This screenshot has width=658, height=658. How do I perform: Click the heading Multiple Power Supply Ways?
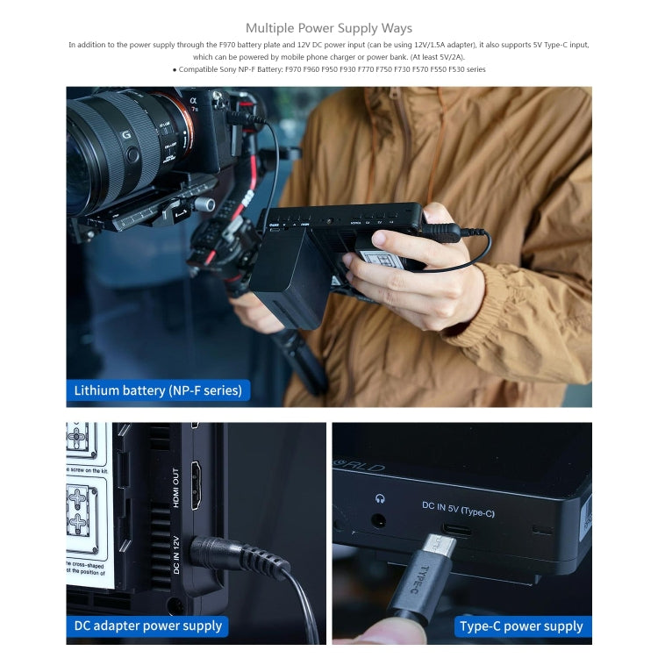pyautogui.click(x=329, y=28)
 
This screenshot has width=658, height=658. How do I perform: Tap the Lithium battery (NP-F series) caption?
pyautogui.click(x=158, y=390)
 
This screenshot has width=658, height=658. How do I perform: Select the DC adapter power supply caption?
pyautogui.click(x=147, y=626)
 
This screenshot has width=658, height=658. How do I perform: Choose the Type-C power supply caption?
pyautogui.click(x=521, y=626)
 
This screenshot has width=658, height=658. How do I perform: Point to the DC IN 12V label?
pyautogui.click(x=176, y=554)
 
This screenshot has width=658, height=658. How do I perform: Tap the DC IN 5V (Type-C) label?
pyautogui.click(x=458, y=509)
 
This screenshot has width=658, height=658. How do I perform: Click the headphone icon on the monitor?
pyautogui.click(x=380, y=497)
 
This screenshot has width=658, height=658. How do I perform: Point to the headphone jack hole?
pyautogui.click(x=380, y=519)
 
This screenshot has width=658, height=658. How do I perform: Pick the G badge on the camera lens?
pyautogui.click(x=126, y=135)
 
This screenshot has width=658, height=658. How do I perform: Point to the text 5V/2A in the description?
pyautogui.click(x=448, y=57)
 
